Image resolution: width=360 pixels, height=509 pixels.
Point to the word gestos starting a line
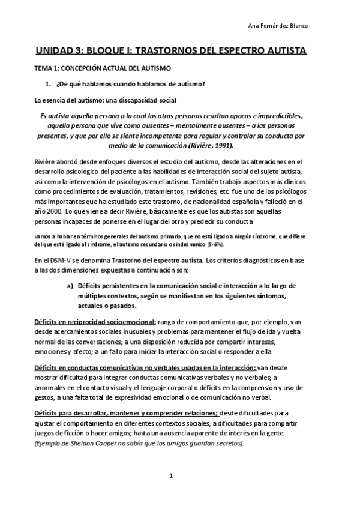(47, 397)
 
